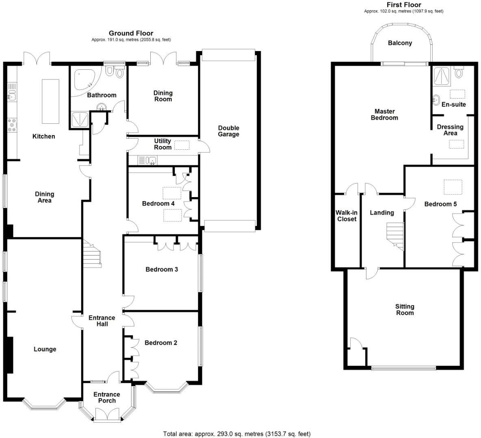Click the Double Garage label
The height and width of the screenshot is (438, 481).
(228, 131)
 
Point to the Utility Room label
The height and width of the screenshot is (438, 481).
(162, 144)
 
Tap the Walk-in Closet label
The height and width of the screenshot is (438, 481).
(346, 216)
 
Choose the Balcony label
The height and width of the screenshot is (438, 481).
(400, 43)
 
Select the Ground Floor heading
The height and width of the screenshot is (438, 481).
(131, 33)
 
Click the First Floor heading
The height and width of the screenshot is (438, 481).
(403, 5)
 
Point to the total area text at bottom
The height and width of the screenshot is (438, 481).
(236, 434)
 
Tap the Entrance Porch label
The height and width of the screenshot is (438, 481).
(106, 397)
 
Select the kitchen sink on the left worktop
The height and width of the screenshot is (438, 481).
(11, 96)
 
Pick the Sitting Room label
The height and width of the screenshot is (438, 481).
(405, 309)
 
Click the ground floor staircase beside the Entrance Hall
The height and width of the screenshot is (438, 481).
(92, 253)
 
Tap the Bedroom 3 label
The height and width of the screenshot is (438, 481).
(162, 269)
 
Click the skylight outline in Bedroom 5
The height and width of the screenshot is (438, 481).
(452, 187)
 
